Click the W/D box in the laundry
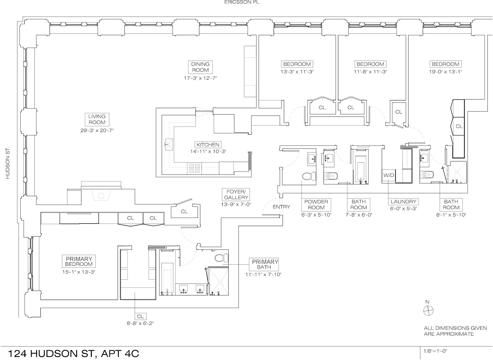pos(389,176)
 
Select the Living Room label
pos(97,119)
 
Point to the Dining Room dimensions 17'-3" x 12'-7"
pos(200,78)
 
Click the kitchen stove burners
pos(194,168)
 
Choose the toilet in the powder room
pos(309,176)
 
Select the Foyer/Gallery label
pos(236,194)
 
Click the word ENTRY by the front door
pos(281,207)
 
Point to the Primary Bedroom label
pos(79,261)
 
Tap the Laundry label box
pos(403,202)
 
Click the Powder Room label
pos(316,204)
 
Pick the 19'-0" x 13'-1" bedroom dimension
pos(446,71)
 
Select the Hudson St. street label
pos(8,163)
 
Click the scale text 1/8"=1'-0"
pos(435,351)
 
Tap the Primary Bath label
pos(264,264)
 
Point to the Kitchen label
pos(208,145)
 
